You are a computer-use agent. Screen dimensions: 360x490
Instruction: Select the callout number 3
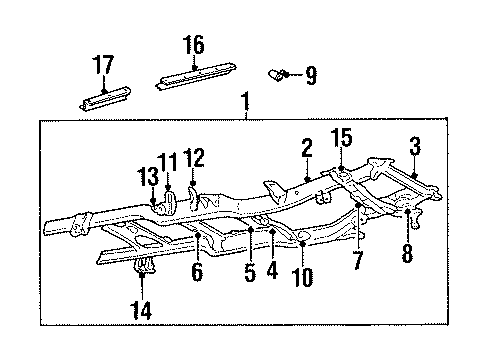tap(414, 148)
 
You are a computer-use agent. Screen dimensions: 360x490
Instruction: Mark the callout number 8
tap(408, 254)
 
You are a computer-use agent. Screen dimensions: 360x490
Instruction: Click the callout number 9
tap(310, 73)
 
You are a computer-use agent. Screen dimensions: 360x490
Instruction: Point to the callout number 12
tap(195, 157)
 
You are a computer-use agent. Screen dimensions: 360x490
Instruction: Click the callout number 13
tap(149, 176)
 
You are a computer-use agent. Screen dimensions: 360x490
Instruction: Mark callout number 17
tap(103, 65)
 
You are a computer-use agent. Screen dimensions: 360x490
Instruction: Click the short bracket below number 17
tap(104, 97)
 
